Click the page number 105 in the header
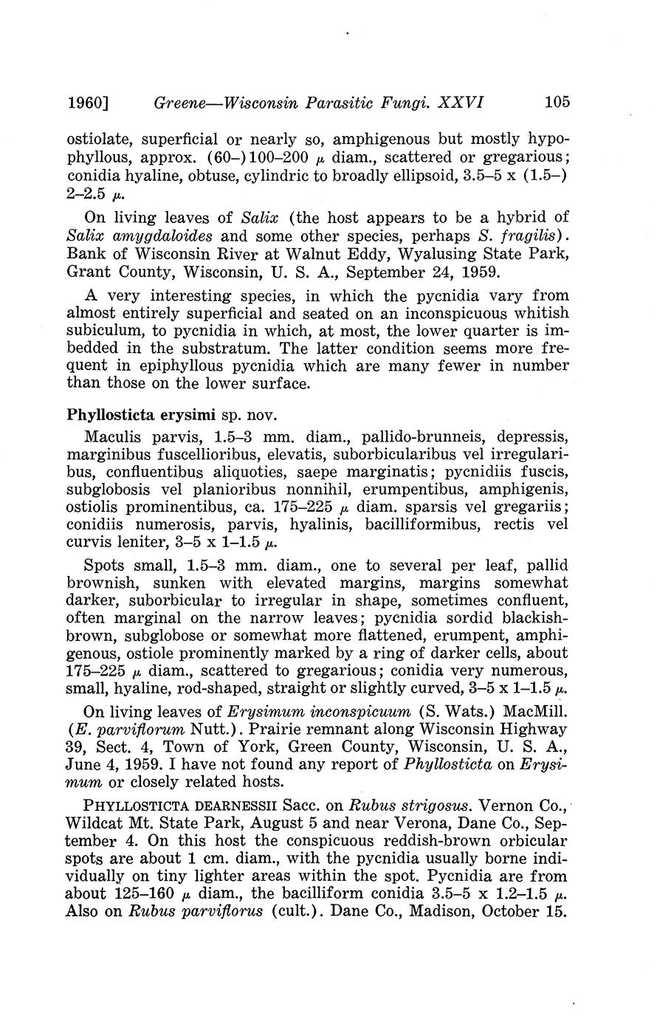pyautogui.click(x=557, y=102)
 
